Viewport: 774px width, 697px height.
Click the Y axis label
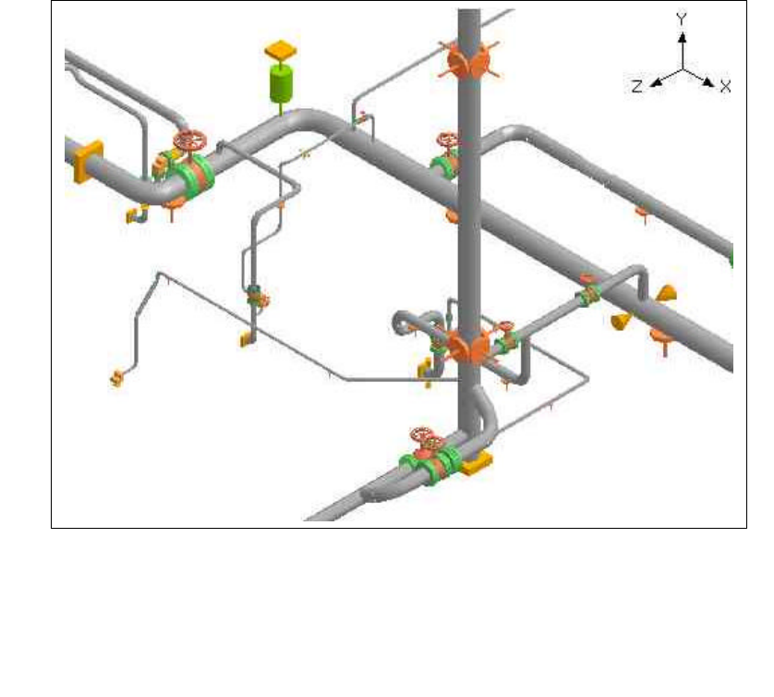click(682, 19)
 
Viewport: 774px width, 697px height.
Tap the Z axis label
click(637, 87)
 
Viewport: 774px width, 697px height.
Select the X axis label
click(725, 87)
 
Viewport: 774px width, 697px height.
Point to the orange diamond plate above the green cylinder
click(281, 50)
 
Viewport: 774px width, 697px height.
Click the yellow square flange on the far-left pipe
click(89, 162)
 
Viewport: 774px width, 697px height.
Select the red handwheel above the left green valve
click(189, 141)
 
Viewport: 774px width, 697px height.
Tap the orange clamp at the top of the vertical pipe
click(468, 61)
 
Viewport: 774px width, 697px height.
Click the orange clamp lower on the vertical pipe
click(469, 347)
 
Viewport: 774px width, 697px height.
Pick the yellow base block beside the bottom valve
click(477, 463)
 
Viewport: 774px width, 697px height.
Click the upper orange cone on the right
click(666, 293)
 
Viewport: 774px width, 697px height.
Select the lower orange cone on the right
click(622, 321)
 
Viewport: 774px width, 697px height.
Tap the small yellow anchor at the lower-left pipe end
click(117, 378)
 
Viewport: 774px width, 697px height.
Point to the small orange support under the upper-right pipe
click(642, 214)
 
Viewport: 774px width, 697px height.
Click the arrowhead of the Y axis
click(682, 37)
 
